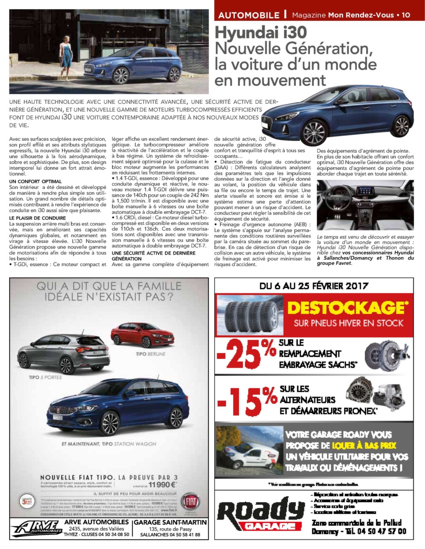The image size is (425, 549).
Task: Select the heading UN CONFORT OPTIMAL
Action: click(x=35, y=181)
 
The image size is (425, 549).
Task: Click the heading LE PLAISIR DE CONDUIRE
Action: click(x=37, y=218)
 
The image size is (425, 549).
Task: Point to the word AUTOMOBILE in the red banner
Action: click(x=249, y=15)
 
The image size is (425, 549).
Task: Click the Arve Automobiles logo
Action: click(x=37, y=528)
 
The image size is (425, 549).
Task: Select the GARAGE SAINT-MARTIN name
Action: click(x=170, y=522)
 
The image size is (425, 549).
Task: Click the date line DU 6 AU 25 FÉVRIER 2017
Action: click(x=314, y=286)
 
